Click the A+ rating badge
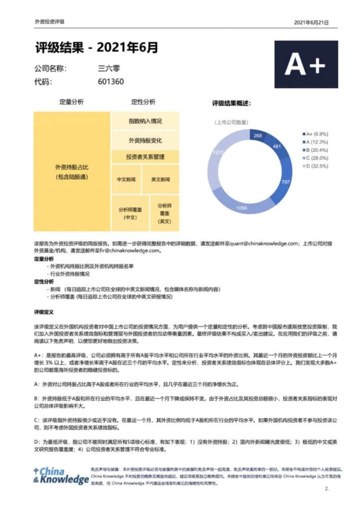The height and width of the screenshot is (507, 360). point(306,64)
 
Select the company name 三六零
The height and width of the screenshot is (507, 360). point(109,68)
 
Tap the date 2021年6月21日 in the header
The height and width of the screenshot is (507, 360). point(311,23)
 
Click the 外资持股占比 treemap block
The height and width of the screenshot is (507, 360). point(72,171)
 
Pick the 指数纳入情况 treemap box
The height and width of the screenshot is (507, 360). point(145,122)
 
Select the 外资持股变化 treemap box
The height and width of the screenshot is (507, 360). point(145,140)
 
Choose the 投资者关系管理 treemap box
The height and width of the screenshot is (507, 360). point(145,157)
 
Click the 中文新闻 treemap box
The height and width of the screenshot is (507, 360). point(126,179)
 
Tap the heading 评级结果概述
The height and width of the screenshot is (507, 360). point(231,103)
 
